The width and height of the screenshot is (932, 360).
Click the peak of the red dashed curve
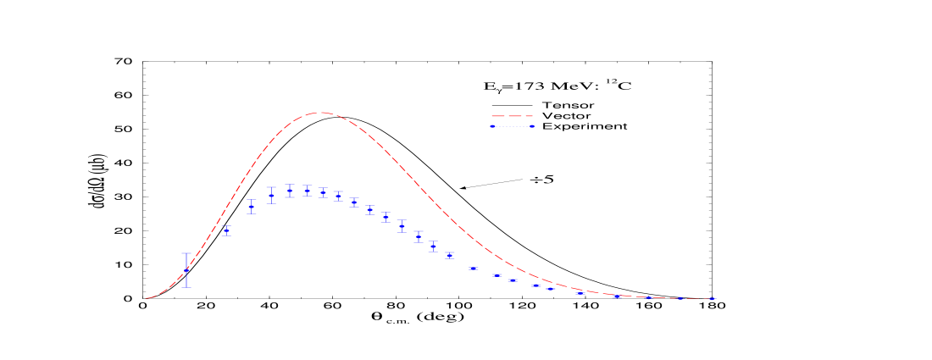click(320, 113)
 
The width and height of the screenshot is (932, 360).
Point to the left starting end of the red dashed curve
click(147, 298)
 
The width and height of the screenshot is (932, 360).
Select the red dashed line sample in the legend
click(512, 116)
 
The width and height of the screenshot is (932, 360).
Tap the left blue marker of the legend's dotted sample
click(492, 126)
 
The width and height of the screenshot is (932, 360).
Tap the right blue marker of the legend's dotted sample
click(532, 126)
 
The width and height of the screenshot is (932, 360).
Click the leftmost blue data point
click(186, 270)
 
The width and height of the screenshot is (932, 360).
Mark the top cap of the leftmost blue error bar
click(186, 253)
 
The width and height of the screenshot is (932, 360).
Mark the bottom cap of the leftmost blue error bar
click(186, 287)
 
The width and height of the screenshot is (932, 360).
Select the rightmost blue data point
click(713, 299)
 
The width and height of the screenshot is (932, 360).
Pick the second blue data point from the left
click(227, 230)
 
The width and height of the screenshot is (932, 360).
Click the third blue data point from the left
click(252, 206)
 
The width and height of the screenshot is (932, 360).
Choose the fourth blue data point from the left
click(271, 196)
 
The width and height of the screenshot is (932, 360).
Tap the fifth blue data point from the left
click(290, 191)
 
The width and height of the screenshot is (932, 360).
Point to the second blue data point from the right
click(679, 298)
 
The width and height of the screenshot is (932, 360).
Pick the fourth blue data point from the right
click(616, 296)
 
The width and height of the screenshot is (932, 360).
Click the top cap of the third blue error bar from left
click(252, 199)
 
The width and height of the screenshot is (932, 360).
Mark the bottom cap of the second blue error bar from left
click(227, 235)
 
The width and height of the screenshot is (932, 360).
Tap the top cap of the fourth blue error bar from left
click(271, 187)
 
